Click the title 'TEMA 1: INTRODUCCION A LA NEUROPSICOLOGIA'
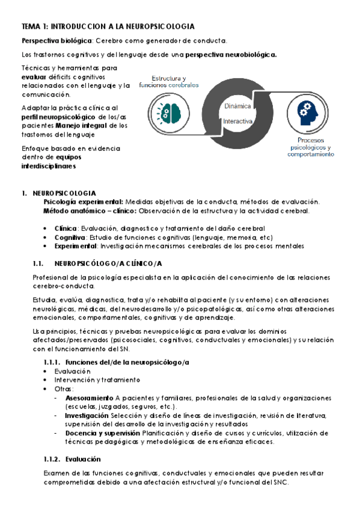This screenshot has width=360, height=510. tap(108, 27)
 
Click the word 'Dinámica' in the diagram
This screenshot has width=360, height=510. tap(237, 105)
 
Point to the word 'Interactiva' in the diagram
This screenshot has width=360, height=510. tap(237, 121)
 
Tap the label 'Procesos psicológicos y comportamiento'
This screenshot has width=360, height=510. tap(311, 147)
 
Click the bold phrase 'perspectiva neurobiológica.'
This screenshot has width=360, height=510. tap(231, 54)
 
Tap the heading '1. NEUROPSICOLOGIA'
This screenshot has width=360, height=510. tap(63, 192)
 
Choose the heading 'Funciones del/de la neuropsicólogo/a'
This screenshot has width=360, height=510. tap(127, 361)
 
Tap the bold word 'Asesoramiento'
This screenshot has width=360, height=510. tap(89, 398)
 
